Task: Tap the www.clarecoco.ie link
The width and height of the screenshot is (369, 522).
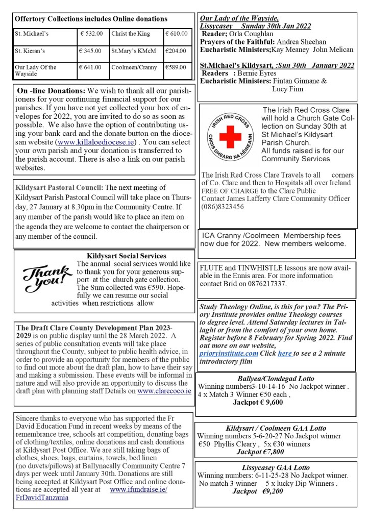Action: click(x=164, y=391)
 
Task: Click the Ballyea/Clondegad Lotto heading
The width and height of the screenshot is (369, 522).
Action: click(x=276, y=379)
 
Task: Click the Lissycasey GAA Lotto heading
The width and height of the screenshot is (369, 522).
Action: click(x=276, y=467)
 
